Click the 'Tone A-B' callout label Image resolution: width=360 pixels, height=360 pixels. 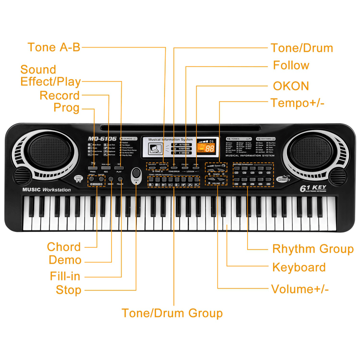[x=54, y=47]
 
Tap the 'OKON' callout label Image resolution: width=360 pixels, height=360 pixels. [x=291, y=86]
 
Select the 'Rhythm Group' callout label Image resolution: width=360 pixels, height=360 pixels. [x=313, y=249]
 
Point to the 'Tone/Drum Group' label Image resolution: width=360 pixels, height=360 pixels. [x=172, y=313]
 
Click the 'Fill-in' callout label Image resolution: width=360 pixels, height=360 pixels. [x=65, y=276]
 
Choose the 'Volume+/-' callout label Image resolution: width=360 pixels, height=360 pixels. [x=300, y=289]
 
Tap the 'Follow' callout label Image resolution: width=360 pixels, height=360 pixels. [x=291, y=65]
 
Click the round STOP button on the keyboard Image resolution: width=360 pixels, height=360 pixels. [x=136, y=173]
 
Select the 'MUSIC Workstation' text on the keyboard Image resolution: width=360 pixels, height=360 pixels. [x=46, y=189]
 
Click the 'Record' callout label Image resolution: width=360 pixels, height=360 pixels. [x=60, y=95]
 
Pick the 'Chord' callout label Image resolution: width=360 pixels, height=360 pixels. [x=64, y=247]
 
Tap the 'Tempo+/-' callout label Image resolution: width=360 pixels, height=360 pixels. [x=297, y=103]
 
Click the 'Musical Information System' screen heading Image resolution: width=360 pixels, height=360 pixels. [x=171, y=139]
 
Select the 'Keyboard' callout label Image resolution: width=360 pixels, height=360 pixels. [x=299, y=267]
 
